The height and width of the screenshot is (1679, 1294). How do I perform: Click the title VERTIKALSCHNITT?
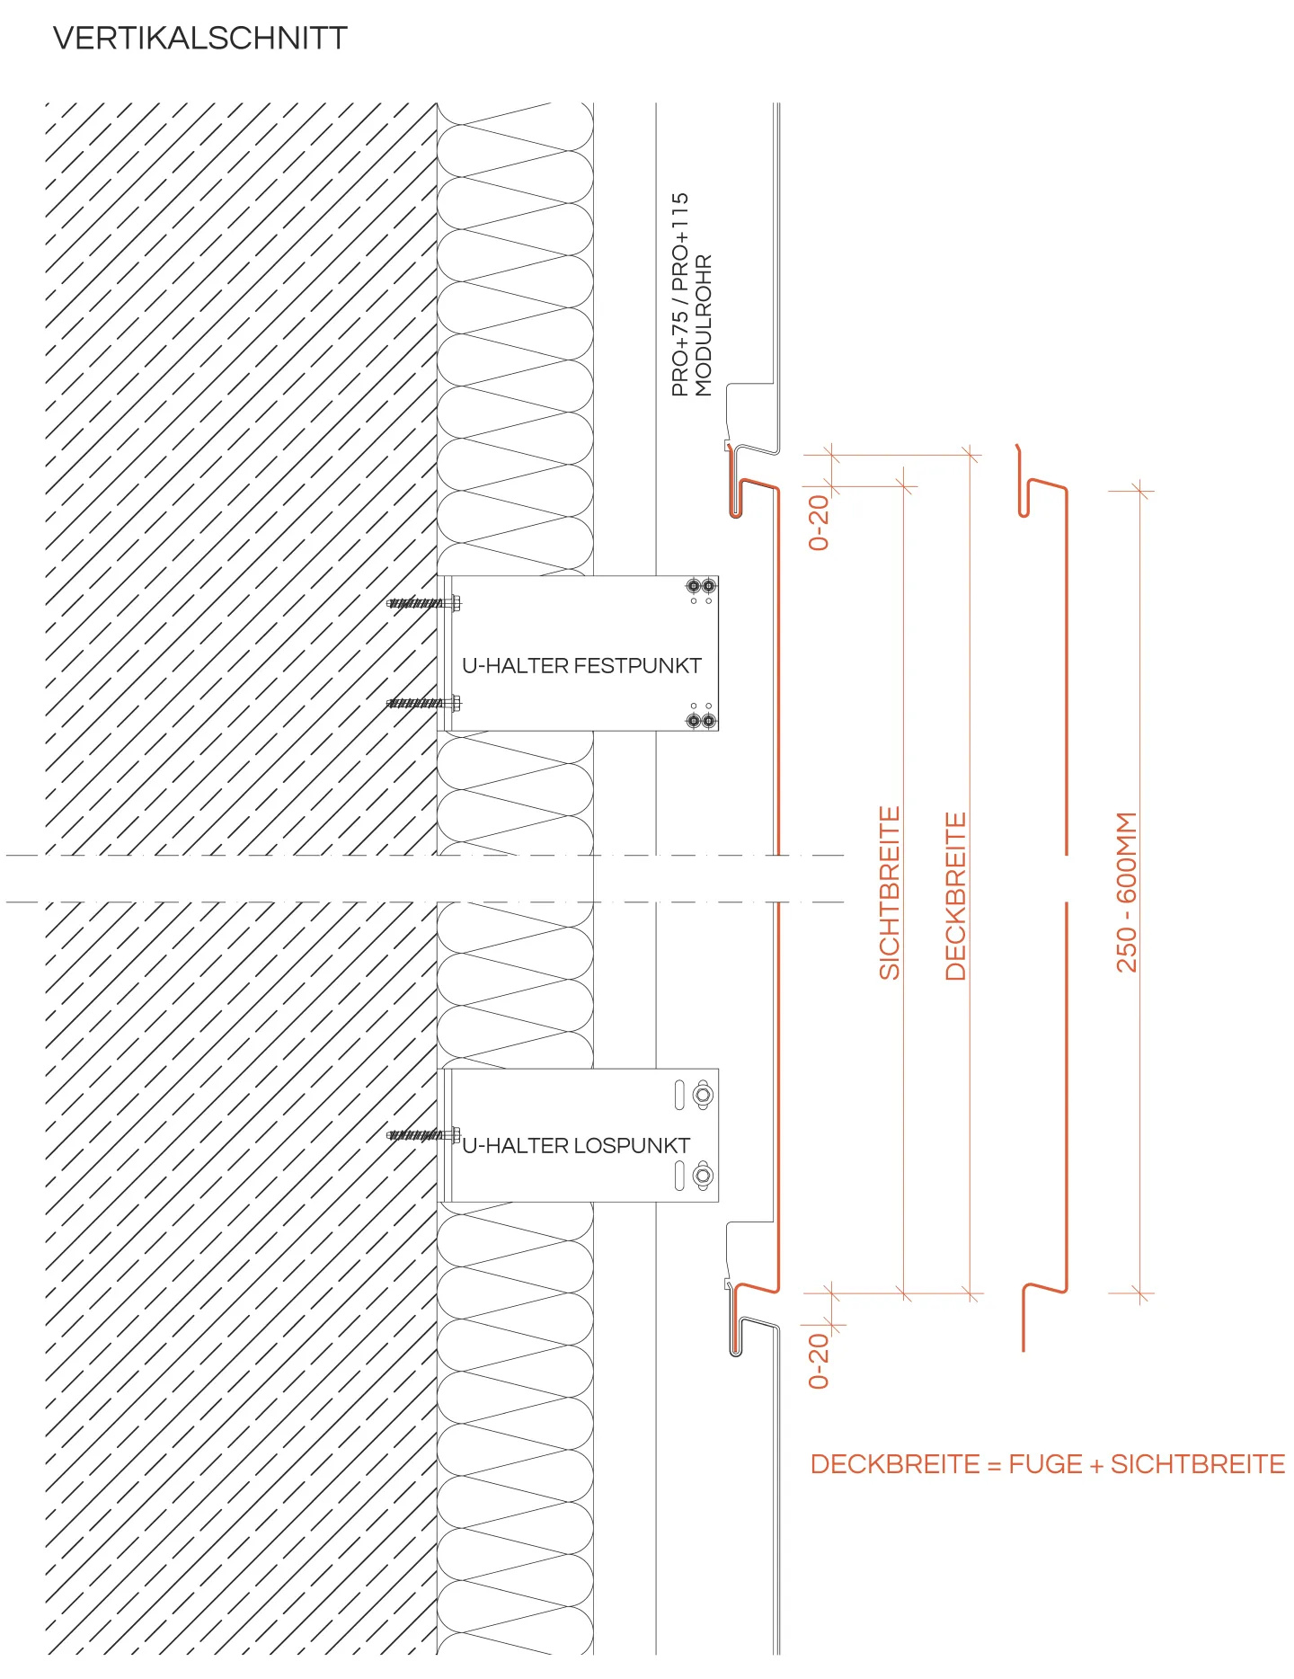[199, 39]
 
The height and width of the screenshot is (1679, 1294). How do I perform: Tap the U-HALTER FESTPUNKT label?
[581, 666]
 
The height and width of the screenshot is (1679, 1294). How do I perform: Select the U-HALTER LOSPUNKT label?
[576, 1146]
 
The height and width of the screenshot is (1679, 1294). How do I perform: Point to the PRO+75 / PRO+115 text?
[680, 294]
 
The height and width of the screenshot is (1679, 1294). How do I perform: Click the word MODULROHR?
[704, 325]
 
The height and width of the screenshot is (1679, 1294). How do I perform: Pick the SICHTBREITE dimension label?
[889, 893]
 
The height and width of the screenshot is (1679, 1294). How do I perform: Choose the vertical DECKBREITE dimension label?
[956, 896]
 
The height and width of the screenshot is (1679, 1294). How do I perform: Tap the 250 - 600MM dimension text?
[1126, 893]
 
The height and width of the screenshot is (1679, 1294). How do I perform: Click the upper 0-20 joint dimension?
[819, 522]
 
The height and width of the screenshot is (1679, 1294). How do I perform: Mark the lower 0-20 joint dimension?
[819, 1361]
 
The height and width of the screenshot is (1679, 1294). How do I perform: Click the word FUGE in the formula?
[1045, 1464]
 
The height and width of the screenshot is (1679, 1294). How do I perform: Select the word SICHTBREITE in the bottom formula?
[1198, 1464]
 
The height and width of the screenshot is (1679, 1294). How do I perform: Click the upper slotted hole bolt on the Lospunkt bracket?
[703, 1095]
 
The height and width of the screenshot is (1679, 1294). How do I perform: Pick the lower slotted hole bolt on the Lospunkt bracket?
[703, 1175]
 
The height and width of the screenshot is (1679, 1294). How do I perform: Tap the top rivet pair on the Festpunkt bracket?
[701, 586]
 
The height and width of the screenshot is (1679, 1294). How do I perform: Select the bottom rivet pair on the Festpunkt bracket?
[701, 720]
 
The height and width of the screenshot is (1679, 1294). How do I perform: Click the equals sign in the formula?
[994, 1465]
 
